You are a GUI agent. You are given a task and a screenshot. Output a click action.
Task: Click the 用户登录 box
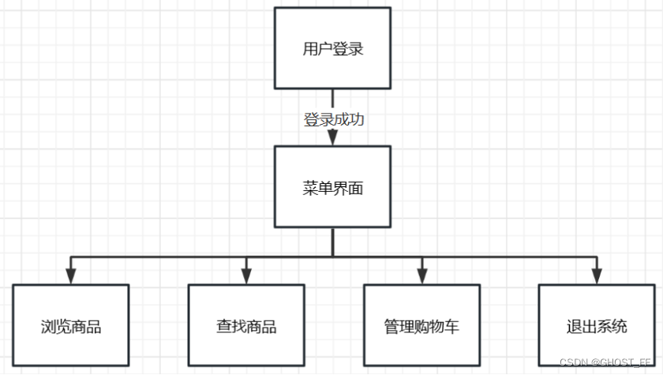[x=332, y=48]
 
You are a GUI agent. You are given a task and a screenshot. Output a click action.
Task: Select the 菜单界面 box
[x=332, y=188]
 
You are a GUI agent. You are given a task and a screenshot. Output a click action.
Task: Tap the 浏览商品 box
[x=71, y=326]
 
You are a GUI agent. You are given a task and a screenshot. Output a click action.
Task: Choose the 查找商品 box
[x=246, y=326]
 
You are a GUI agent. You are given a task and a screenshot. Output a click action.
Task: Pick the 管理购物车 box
[x=421, y=326]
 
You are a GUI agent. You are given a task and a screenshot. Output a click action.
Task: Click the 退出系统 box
[x=597, y=326]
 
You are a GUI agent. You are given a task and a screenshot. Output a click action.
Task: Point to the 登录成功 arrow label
[x=333, y=120]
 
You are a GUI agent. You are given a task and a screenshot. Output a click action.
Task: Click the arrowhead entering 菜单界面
[x=332, y=137]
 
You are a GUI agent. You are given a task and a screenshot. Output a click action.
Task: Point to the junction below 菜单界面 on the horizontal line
[x=332, y=256]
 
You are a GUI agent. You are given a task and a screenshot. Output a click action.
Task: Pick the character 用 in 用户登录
[x=310, y=49]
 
